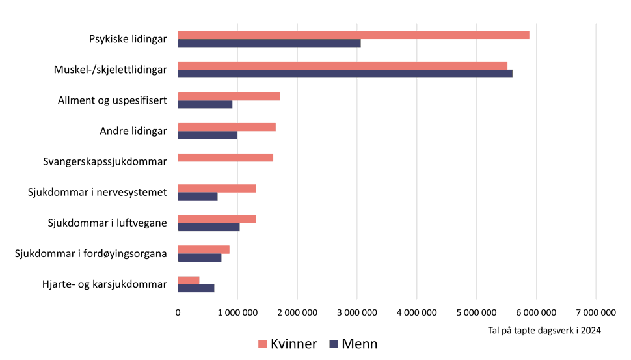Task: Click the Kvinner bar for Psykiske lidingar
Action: pos(353,35)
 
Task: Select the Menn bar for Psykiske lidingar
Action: pos(269,43)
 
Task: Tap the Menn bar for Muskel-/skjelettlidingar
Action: pos(345,74)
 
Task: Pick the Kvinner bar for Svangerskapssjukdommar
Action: pos(225,158)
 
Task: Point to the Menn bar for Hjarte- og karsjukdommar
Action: pos(196,288)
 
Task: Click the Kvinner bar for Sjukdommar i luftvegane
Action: pos(217,219)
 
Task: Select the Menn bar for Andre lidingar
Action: pos(207,135)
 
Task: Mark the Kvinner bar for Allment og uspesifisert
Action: pos(228,96)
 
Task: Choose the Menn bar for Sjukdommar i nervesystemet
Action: pos(198,197)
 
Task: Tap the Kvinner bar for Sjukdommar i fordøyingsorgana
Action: pos(204,249)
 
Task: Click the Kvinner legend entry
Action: pos(287,344)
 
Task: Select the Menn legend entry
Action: pos(354,344)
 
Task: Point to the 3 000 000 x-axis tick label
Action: pos(357,312)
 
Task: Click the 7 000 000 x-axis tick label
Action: pos(596,312)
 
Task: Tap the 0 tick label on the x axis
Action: pos(178,312)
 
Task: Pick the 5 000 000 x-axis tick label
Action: pos(477,312)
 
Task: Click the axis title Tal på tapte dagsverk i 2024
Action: pos(544,331)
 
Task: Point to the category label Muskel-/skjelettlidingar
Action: pos(111,70)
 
